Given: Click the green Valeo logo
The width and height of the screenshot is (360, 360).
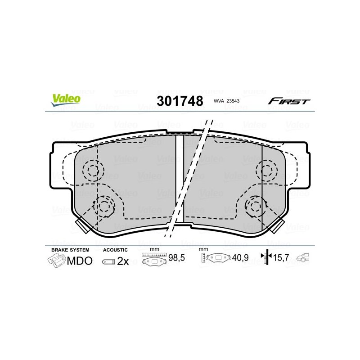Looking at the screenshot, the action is [x=66, y=100].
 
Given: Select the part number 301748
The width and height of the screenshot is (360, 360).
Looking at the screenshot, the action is [x=180, y=101].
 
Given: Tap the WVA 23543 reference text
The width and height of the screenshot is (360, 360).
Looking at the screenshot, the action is [x=226, y=101].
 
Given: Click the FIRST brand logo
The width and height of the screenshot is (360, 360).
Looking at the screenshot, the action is [x=289, y=101].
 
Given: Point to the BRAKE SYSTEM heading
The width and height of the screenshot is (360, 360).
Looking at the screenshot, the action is [x=70, y=250].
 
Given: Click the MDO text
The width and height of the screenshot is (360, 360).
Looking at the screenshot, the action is [x=80, y=261].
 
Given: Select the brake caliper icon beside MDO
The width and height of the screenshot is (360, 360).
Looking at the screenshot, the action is [x=57, y=261].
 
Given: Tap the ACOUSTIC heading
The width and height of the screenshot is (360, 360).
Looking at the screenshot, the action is [x=115, y=250].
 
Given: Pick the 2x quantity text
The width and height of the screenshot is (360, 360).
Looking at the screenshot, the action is [x=123, y=261].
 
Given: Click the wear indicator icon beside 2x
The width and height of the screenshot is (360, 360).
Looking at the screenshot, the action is [x=108, y=262].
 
